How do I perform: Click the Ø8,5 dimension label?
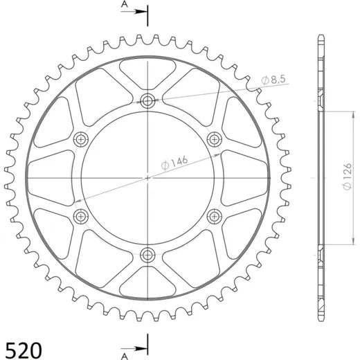pos(273,80)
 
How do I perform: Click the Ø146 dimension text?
pos(174,163)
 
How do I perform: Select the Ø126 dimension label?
pos(348,177)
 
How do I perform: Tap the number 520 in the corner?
pos(24,350)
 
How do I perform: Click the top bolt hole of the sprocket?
pos(147,100)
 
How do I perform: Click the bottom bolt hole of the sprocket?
pos(147,255)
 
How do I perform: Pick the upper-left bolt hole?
pos(81,139)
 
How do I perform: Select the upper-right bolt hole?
pos(215,139)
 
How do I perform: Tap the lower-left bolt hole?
pos(81,217)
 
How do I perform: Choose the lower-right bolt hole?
pos(215,217)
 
